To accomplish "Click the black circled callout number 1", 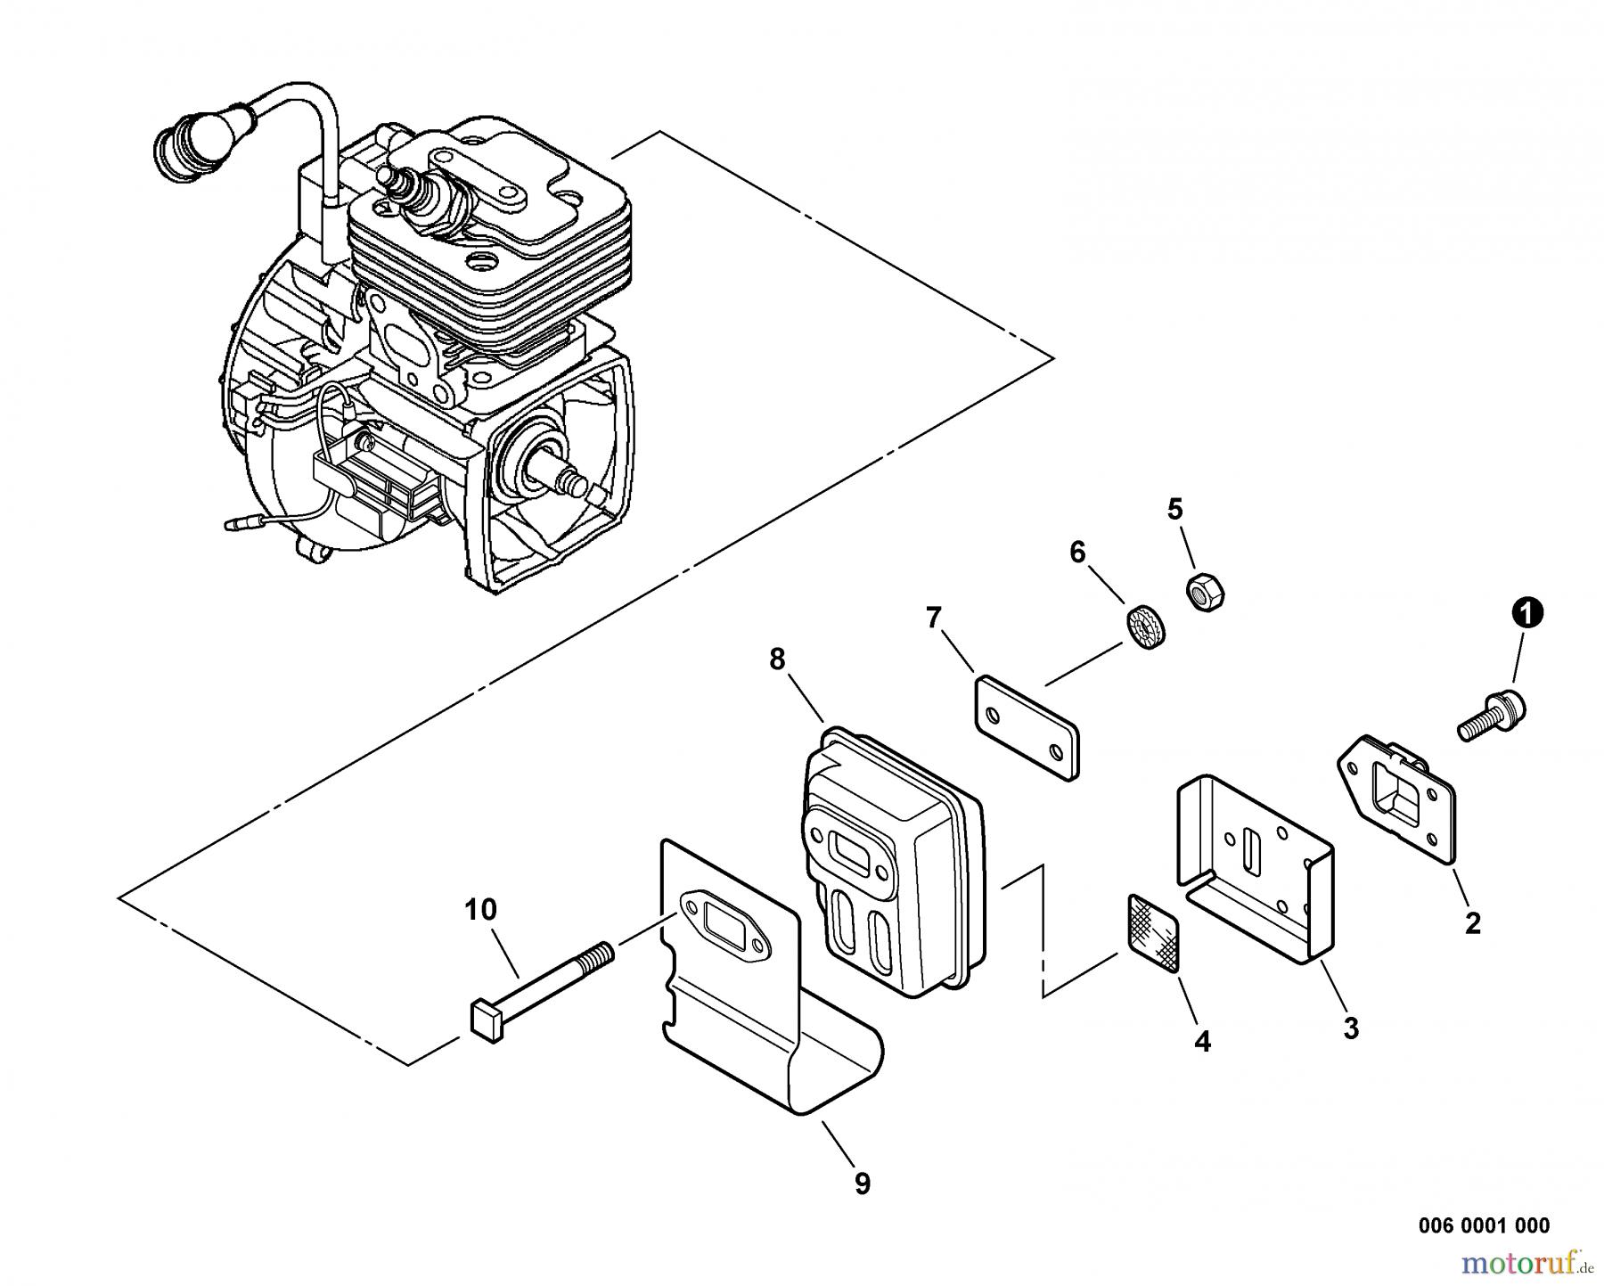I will [x=1527, y=614].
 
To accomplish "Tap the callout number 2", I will [x=1472, y=923].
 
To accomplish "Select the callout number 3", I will [x=1351, y=1028].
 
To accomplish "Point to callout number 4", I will [x=1202, y=1041].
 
